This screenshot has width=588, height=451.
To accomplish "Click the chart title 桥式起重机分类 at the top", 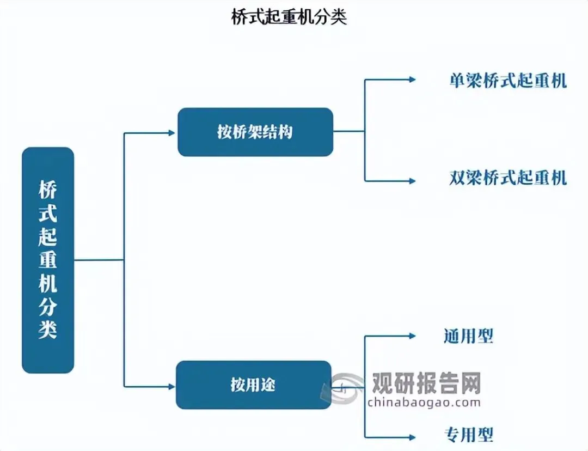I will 289,17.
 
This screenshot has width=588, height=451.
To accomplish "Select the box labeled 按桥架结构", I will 255,132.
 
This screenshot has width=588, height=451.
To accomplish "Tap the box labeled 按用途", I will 253,385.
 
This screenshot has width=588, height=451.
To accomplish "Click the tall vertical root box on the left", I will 48,260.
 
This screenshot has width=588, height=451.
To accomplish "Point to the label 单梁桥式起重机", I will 508,81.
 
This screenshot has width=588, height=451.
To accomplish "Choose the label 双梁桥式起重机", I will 508,178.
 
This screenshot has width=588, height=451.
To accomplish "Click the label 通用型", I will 469,336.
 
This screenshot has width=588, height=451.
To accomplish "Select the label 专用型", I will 469,434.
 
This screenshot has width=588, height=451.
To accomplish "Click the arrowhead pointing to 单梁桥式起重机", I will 412,80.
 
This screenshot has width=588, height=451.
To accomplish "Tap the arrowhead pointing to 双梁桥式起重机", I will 412,181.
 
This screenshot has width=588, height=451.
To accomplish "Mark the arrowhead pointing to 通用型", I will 412,336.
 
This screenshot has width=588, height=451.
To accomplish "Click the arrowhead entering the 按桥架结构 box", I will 172,132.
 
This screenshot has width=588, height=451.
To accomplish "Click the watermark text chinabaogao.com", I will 424,403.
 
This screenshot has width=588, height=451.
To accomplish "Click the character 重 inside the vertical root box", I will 48,260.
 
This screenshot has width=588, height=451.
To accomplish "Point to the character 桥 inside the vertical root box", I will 48,190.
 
